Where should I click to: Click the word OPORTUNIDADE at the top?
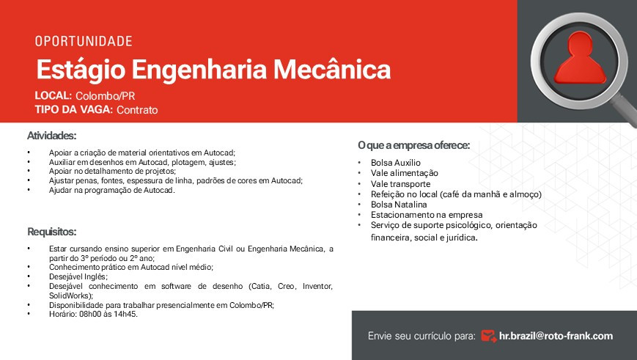(84, 41)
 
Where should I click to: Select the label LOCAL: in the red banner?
(53, 96)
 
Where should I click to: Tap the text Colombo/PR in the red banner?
(105, 96)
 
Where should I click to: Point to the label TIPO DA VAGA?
(73, 110)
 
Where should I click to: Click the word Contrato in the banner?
(137, 110)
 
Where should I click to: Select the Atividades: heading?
(51, 136)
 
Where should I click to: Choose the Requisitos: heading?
(51, 232)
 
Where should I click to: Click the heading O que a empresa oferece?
(413, 145)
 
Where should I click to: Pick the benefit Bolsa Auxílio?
(396, 163)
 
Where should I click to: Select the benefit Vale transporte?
(400, 184)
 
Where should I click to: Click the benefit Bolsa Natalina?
(399, 205)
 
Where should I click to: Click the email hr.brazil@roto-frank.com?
(556, 336)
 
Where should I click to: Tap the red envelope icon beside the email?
(488, 336)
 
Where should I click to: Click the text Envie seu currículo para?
(421, 336)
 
